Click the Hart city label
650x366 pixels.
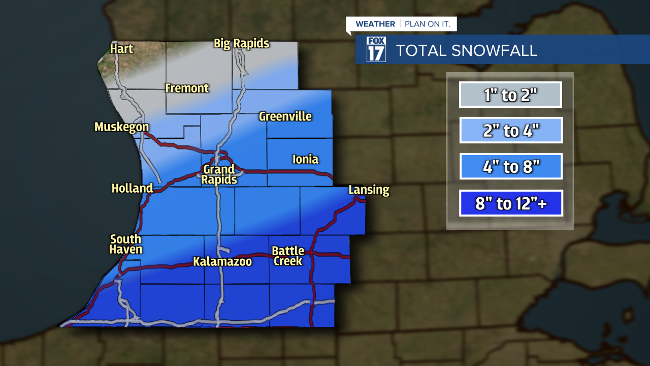(x=121, y=49)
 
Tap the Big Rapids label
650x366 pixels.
(x=241, y=43)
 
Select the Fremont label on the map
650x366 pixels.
(x=187, y=88)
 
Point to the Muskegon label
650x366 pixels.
(x=121, y=127)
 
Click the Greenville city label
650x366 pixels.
(x=285, y=116)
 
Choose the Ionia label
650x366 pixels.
(x=305, y=160)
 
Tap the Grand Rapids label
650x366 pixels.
(x=219, y=174)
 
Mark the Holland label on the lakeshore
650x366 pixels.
(x=132, y=188)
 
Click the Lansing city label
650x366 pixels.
(x=369, y=190)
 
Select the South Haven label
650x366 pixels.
(x=126, y=244)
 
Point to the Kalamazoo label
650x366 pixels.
(x=222, y=261)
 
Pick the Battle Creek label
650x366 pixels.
(x=288, y=256)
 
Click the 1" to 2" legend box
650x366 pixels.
(x=510, y=95)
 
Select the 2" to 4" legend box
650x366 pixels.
(x=510, y=131)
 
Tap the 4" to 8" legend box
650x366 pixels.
(x=510, y=167)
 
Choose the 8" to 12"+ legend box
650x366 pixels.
(x=510, y=203)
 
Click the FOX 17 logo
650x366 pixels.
(x=376, y=49)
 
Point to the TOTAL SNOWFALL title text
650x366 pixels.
(x=466, y=50)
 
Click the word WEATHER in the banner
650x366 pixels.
(x=375, y=24)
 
